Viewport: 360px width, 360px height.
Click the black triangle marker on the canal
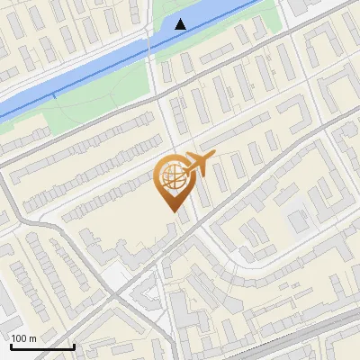[181, 23]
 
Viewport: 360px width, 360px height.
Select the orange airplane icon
[197, 164]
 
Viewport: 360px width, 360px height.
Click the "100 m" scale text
[23, 338]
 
